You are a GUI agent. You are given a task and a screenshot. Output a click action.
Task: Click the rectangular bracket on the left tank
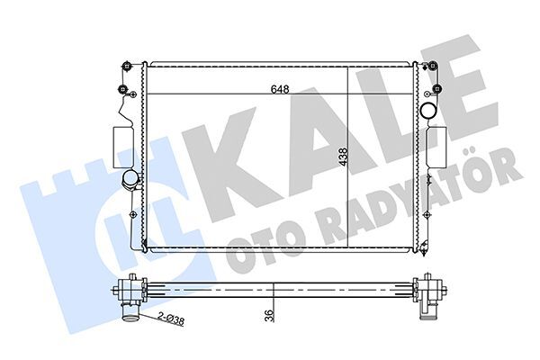pos(121,146)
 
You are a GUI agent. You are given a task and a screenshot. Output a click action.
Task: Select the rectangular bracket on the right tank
pos(437,146)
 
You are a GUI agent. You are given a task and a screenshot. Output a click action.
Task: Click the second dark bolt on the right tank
pos(437,89)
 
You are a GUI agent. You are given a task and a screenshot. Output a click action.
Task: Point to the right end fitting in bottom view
pos(429,290)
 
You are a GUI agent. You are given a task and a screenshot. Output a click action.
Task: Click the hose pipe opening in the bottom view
pos(132,314)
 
